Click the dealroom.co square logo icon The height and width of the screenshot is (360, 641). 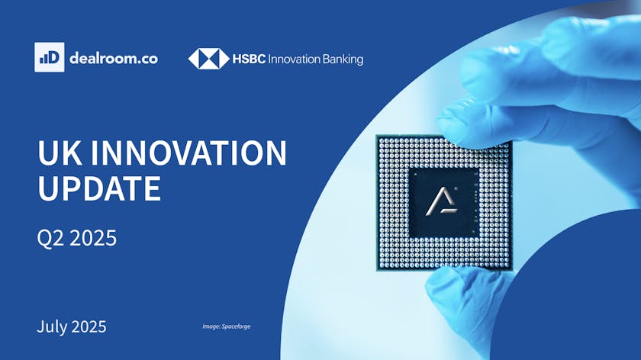point(50,57)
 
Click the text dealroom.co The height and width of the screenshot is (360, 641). point(114,59)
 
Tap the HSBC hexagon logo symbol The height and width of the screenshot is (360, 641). point(208,59)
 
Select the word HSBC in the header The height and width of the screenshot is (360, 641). point(249,59)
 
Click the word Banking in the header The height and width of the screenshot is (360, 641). point(343,59)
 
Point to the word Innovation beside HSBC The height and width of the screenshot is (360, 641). point(294,59)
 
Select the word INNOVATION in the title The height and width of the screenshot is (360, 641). point(189,153)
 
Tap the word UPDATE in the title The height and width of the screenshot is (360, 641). point(99,188)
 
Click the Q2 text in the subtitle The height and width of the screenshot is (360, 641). point(50,238)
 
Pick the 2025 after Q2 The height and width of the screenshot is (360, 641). point(93,237)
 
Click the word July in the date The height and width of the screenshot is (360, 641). point(52,326)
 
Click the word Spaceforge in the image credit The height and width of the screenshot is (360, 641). point(237,326)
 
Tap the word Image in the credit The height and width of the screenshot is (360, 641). point(211,326)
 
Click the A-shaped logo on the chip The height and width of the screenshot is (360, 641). point(442,201)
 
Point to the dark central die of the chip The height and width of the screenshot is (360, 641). point(444,202)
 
